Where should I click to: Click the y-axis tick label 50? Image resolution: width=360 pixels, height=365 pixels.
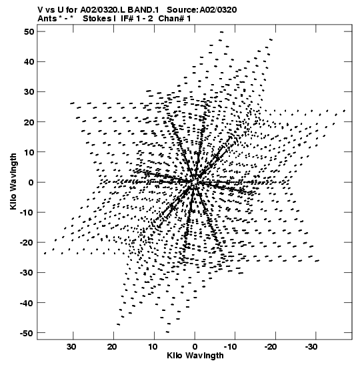(29, 31)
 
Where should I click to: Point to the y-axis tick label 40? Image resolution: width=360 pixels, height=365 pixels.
(29, 62)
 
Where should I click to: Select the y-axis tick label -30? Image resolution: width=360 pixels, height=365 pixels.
(27, 273)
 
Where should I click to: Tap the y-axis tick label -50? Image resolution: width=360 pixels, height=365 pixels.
(27, 333)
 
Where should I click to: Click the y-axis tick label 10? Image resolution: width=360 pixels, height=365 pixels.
(29, 152)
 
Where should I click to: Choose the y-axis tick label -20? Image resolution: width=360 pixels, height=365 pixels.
(27, 243)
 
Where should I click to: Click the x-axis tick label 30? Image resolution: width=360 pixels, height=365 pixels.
(71, 347)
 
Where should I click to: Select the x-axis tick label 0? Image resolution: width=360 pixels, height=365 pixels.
(195, 347)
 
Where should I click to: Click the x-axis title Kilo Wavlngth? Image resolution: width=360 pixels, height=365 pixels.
(195, 356)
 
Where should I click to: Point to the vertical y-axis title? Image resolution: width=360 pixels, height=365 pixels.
(13, 181)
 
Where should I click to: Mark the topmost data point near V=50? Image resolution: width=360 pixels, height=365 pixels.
(221, 32)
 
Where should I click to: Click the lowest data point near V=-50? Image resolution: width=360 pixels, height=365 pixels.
(167, 332)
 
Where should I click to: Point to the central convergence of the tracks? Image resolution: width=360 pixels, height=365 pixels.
(195, 181)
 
